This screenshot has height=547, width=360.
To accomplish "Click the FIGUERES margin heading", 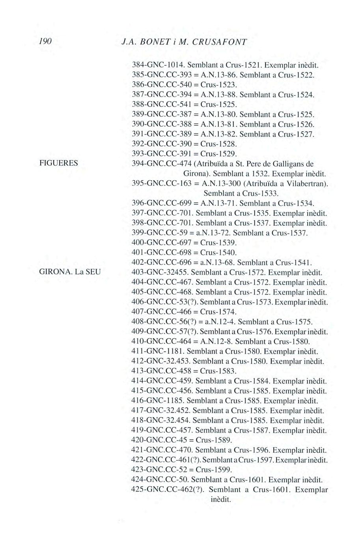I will click(x=58, y=163).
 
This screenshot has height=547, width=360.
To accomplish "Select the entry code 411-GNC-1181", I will click(x=157, y=351).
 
